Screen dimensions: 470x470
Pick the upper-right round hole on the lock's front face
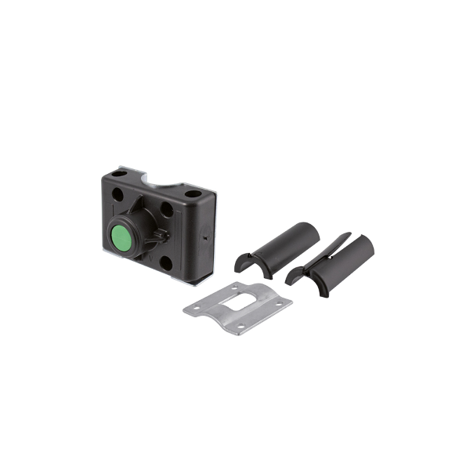166,209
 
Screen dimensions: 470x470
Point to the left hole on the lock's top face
118,172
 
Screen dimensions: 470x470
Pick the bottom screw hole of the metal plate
240,325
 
